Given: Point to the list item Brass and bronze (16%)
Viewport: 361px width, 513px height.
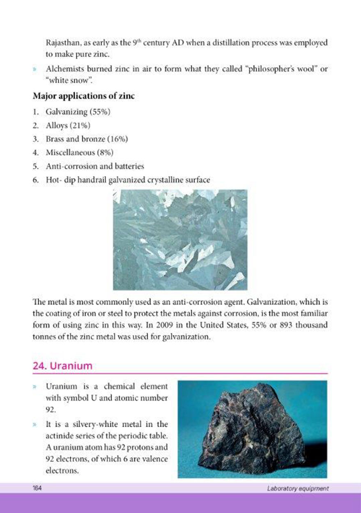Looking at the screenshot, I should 87,139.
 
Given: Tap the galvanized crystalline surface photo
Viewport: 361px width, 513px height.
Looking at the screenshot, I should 180,240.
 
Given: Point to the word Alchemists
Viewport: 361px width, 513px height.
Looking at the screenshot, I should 64,68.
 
